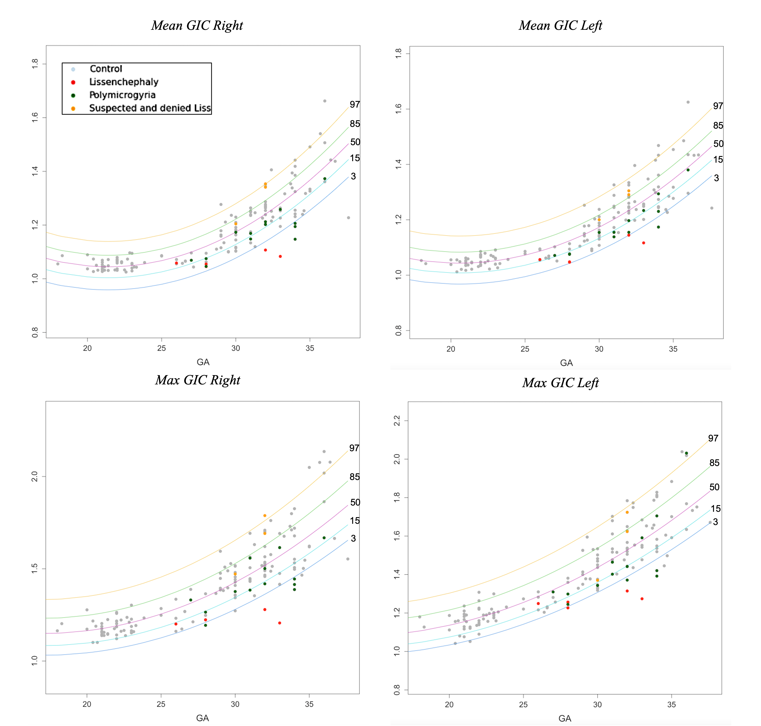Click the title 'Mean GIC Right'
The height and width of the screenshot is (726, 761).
pyautogui.click(x=197, y=26)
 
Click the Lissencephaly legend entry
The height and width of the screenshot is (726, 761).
pyautogui.click(x=124, y=82)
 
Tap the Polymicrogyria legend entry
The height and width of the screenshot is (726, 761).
pyautogui.click(x=122, y=95)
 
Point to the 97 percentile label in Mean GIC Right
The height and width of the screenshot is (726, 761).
pyautogui.click(x=355, y=105)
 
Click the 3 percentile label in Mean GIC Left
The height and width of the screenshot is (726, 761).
pyautogui.click(x=716, y=178)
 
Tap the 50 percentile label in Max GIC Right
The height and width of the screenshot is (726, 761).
pyautogui.click(x=355, y=502)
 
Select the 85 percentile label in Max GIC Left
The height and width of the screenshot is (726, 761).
pyautogui.click(x=714, y=463)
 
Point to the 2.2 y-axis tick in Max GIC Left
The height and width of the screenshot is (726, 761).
pyautogui.click(x=397, y=421)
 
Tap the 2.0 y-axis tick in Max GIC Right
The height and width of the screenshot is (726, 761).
pyautogui.click(x=35, y=476)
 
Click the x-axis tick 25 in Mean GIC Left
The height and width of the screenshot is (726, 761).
pyautogui.click(x=525, y=349)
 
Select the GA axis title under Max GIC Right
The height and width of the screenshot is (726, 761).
pyautogui.click(x=203, y=718)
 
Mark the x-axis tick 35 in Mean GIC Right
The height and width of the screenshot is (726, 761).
pyautogui.click(x=310, y=348)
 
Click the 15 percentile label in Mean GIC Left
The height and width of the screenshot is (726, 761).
pyautogui.click(x=718, y=160)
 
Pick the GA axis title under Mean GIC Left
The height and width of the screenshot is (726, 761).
pyautogui.click(x=566, y=363)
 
